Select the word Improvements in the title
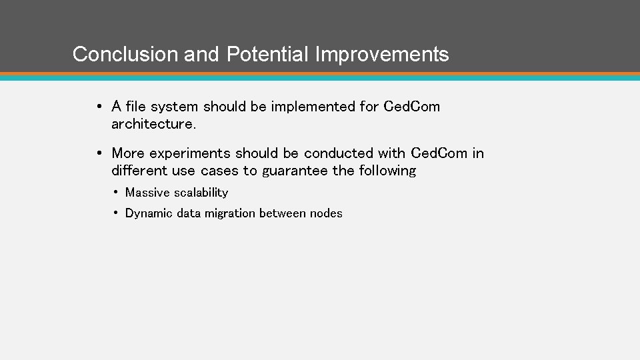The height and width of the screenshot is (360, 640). (x=382, y=54)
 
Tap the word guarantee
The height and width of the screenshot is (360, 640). (x=295, y=171)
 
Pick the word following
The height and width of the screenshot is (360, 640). (x=387, y=171)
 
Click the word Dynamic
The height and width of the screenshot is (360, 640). (x=149, y=213)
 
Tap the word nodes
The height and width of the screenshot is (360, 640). (x=326, y=213)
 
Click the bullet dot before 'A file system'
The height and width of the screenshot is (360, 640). (x=98, y=107)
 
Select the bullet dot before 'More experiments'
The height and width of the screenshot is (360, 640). (x=98, y=153)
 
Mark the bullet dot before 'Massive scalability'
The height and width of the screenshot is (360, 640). (x=116, y=193)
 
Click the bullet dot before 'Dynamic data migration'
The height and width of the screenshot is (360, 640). (x=116, y=213)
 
